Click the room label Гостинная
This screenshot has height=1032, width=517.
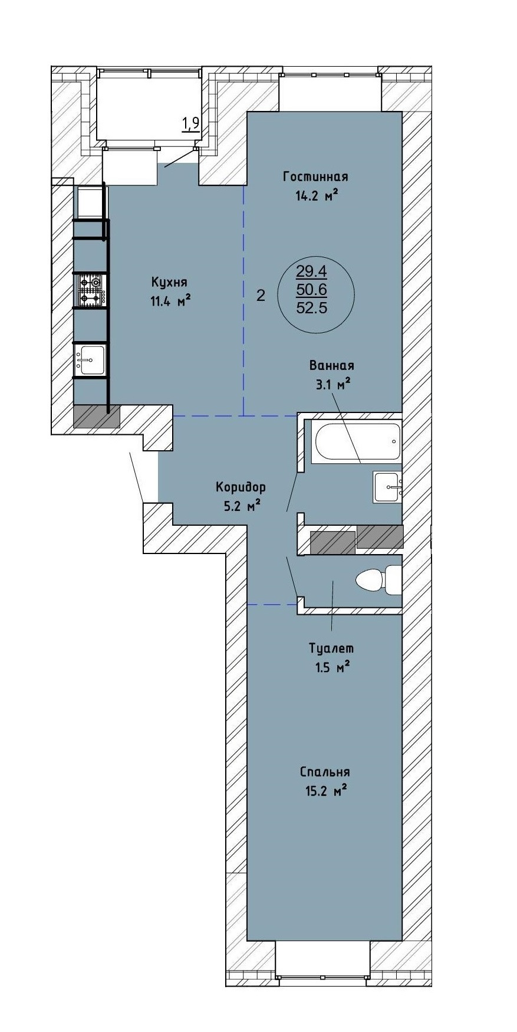pyautogui.click(x=315, y=176)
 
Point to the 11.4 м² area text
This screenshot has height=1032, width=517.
pyautogui.click(x=170, y=302)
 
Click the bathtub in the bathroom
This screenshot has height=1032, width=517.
pyautogui.click(x=358, y=441)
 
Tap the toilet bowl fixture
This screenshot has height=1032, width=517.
pyautogui.click(x=379, y=579)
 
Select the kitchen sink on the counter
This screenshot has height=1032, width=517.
pyautogui.click(x=90, y=360)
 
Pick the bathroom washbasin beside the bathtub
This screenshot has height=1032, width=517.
pyautogui.click(x=387, y=487)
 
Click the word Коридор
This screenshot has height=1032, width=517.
pyautogui.click(x=241, y=487)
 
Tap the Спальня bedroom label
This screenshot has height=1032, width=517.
pyautogui.click(x=325, y=772)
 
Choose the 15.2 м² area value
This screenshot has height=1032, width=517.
pyautogui.click(x=325, y=791)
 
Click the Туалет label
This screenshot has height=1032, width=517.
pyautogui.click(x=331, y=648)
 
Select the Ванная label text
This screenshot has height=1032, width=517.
pyautogui.click(x=332, y=366)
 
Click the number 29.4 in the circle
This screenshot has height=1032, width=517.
pyautogui.click(x=312, y=271)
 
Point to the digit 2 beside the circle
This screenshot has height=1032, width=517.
pyautogui.click(x=261, y=296)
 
